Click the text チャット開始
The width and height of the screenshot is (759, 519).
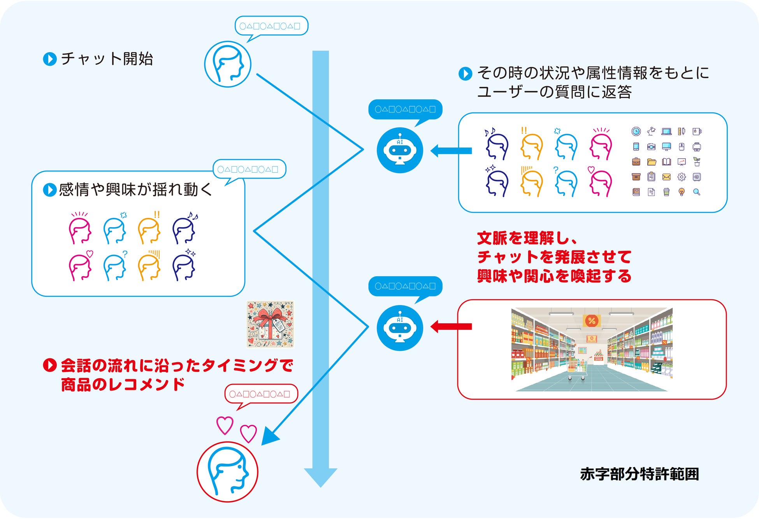pos(107,59)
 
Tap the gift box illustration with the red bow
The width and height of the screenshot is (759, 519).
pos(270,324)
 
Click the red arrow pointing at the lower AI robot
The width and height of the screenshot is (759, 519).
pos(452,326)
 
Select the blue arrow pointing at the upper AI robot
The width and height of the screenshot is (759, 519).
pos(452,151)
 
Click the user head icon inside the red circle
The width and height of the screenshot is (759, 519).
pos(227,472)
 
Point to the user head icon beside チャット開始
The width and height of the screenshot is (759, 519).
pos(228,64)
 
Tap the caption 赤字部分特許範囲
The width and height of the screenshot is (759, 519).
pos(639,474)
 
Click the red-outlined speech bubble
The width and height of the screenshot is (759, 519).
pos(261,394)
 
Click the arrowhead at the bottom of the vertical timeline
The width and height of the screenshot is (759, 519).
pos(321,477)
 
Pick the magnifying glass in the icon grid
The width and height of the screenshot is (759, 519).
pos(697,192)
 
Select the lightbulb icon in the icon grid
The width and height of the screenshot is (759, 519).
pos(682,192)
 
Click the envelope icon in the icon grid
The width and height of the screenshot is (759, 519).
pos(666,177)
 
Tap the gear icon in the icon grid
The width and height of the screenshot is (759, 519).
pos(682,177)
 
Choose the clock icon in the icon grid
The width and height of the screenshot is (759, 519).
pos(636,132)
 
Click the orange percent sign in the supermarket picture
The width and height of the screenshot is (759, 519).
pos(592,321)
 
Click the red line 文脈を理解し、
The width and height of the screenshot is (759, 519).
pos(527,238)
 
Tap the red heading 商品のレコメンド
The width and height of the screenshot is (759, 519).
pos(123,384)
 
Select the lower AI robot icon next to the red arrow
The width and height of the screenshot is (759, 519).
pos(400,328)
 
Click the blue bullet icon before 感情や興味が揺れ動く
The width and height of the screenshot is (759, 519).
pos(49,190)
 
